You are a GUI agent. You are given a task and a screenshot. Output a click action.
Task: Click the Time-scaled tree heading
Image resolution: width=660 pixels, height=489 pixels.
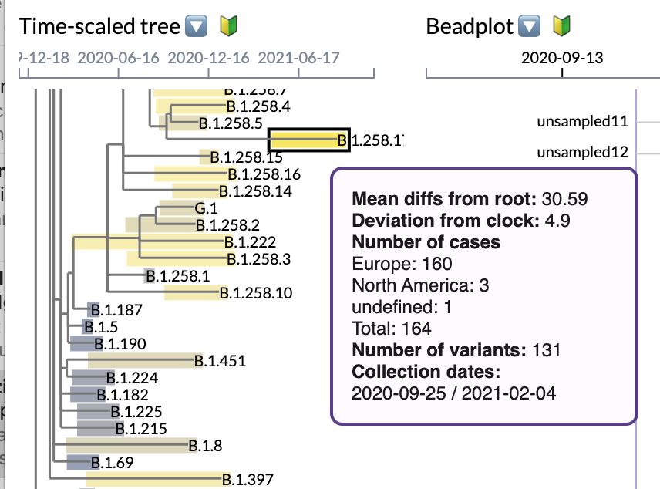(x=99, y=26)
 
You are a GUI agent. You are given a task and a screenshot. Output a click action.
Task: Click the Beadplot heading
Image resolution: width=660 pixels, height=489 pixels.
(x=470, y=26)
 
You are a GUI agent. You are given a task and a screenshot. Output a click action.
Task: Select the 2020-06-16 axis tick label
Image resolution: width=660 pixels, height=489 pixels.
(x=118, y=58)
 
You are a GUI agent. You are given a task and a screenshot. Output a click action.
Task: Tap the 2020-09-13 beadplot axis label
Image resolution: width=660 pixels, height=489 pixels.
(x=562, y=58)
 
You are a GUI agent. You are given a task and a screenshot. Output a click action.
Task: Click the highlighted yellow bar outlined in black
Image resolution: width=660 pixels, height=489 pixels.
(x=308, y=140)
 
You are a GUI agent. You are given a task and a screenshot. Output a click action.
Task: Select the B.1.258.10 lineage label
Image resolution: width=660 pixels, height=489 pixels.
(x=255, y=292)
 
